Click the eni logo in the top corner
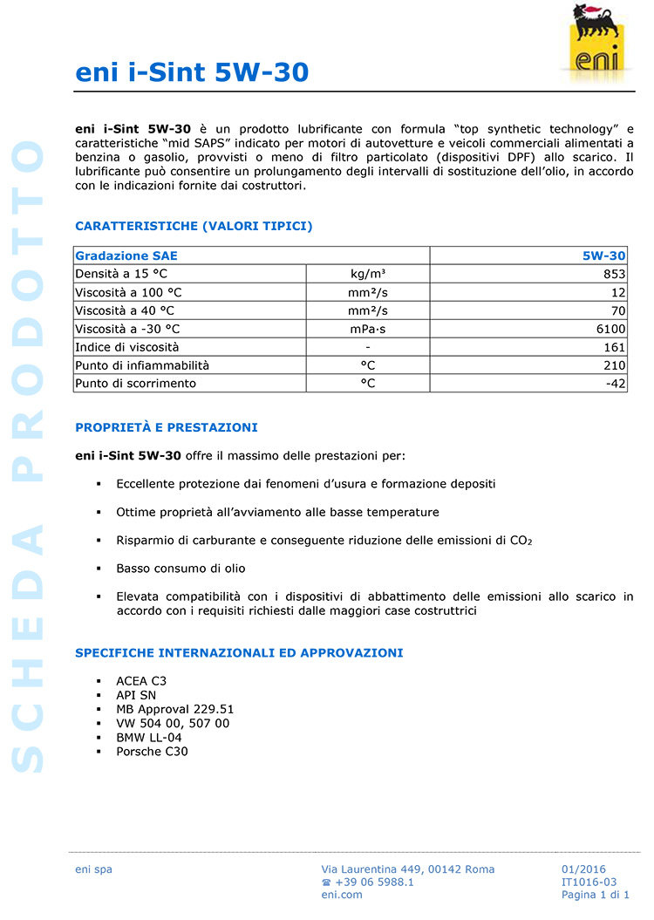click(596, 42)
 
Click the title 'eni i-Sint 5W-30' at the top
click(192, 72)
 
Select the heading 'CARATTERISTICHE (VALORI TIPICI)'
click(194, 227)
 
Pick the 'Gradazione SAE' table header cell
click(126, 256)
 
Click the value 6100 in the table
click(611, 329)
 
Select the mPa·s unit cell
click(368, 329)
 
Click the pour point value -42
click(615, 384)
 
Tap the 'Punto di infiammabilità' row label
click(142, 365)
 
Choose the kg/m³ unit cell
click(368, 274)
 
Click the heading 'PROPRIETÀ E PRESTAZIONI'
click(167, 428)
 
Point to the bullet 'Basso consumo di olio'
click(181, 569)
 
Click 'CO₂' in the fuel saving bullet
click(521, 541)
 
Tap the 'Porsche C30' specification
click(152, 752)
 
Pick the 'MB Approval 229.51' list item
click(174, 709)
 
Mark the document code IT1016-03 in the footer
click(589, 882)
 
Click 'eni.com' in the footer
click(342, 895)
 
